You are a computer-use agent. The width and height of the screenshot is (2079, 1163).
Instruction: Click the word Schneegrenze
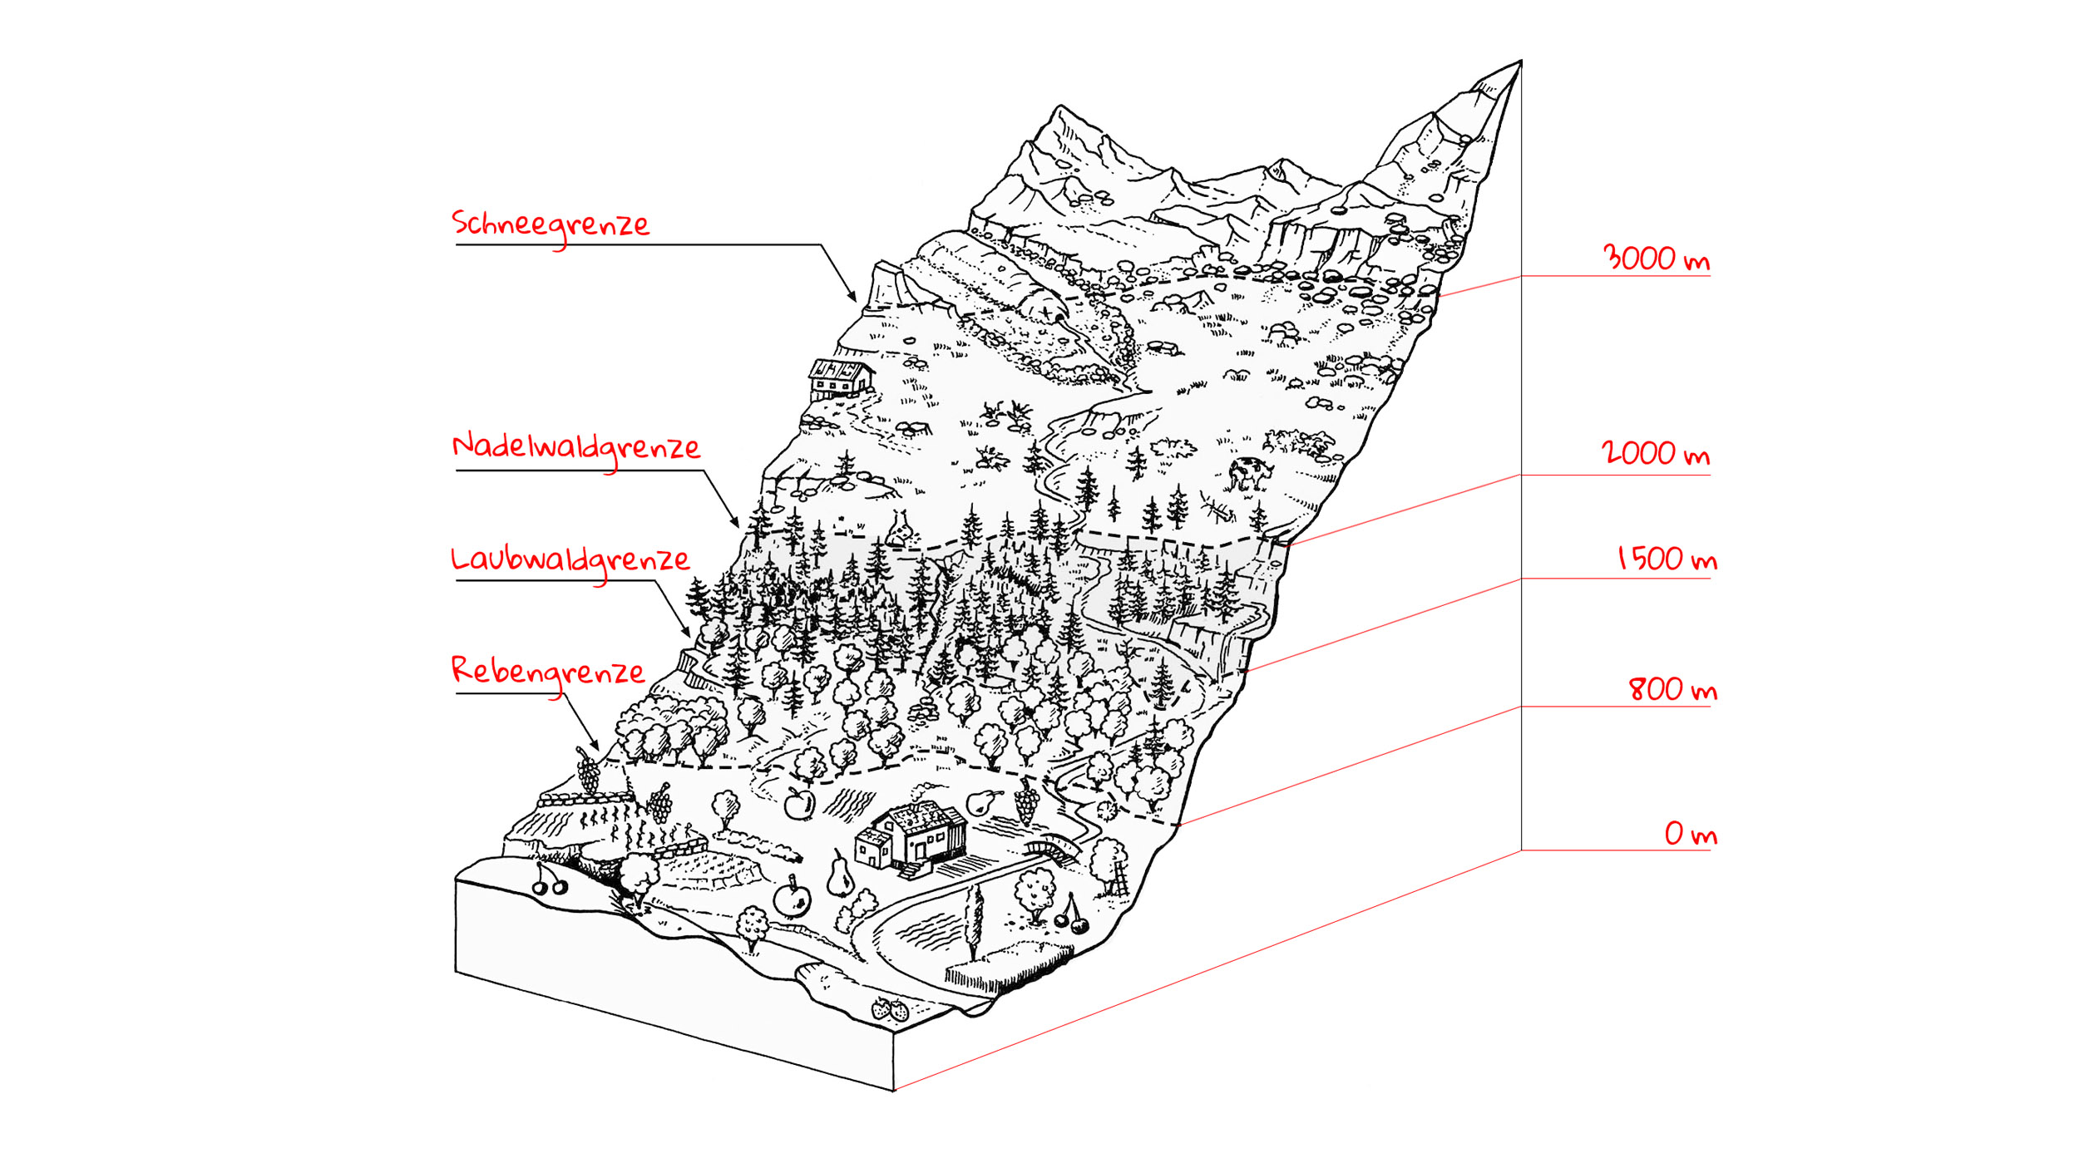point(550,224)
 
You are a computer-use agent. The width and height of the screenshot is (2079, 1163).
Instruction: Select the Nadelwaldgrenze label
point(575,447)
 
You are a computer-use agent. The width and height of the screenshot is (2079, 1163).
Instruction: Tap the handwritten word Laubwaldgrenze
point(570,559)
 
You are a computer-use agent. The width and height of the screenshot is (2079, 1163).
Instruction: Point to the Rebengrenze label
point(547,671)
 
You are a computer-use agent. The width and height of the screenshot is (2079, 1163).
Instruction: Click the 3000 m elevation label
point(1655,259)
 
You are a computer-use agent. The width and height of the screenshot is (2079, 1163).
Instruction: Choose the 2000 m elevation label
point(1655,454)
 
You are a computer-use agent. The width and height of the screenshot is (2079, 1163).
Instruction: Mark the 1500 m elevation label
point(1667,559)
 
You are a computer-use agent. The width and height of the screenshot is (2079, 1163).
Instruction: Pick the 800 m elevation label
point(1672,689)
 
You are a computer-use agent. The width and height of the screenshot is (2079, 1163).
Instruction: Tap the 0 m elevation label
point(1690,834)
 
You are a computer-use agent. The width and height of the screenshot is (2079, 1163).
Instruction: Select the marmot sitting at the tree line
point(900,529)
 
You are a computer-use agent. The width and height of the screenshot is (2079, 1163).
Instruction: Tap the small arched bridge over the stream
point(1052,848)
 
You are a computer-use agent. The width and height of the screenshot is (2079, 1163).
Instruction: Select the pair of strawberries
point(890,1010)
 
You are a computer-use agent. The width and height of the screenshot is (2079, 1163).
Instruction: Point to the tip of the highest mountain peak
point(1520,62)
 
